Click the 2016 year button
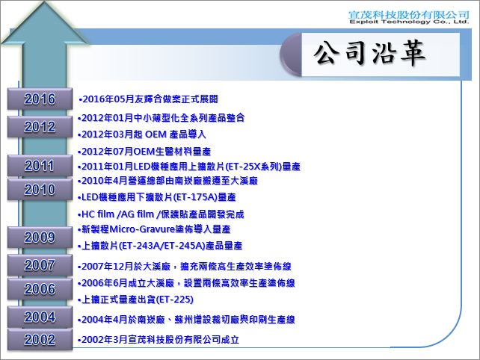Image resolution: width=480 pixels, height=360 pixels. point(40,99)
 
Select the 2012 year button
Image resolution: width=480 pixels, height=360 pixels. point(40,127)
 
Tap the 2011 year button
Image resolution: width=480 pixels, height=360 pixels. point(40,166)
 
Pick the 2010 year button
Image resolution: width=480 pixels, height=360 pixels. point(40,189)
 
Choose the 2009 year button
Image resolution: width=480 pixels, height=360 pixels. point(40,237)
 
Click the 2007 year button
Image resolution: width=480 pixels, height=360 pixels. point(40,265)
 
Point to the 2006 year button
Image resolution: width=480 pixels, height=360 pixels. point(40,289)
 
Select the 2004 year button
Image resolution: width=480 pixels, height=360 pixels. point(40,317)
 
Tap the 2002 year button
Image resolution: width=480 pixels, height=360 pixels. point(40,340)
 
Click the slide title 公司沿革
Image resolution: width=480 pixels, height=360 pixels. point(369,53)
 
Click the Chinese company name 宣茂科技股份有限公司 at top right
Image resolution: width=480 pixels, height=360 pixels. point(409,14)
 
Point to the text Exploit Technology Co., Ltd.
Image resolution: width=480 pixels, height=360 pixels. point(409,22)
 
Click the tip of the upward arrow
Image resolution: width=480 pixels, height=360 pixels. point(45,1)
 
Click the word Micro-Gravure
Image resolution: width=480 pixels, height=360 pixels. point(142,229)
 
